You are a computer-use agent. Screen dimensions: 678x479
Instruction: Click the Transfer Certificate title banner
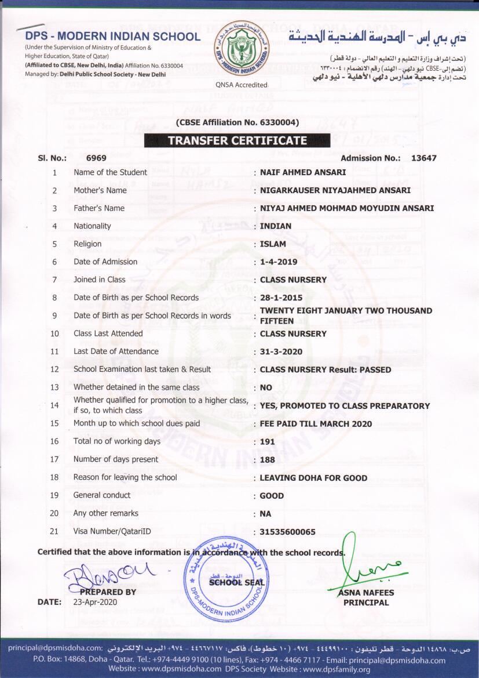[x=237, y=140]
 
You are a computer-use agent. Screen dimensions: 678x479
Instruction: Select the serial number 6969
[x=96, y=158]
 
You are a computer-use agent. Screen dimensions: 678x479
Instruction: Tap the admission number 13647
[x=423, y=158]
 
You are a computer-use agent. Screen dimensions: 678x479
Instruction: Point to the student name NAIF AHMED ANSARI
[x=303, y=172]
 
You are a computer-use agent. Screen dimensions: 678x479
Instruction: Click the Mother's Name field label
[x=100, y=190]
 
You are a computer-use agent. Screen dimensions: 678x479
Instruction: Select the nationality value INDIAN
[x=276, y=226]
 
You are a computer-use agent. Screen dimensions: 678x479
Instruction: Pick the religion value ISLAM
[x=273, y=244]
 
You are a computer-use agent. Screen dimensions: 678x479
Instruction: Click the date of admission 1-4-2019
[x=279, y=262]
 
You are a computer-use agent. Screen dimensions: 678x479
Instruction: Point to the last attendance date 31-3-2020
[x=281, y=351]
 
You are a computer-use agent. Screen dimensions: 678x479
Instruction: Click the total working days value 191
[x=267, y=441]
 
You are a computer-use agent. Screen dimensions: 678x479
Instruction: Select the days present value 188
[x=268, y=459]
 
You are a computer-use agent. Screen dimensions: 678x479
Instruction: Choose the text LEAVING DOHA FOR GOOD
[x=313, y=478]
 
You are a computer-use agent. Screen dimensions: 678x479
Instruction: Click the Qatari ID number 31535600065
[x=288, y=532]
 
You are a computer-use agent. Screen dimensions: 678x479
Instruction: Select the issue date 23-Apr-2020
[x=93, y=602]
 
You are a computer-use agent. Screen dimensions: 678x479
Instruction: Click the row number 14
[x=54, y=405]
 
